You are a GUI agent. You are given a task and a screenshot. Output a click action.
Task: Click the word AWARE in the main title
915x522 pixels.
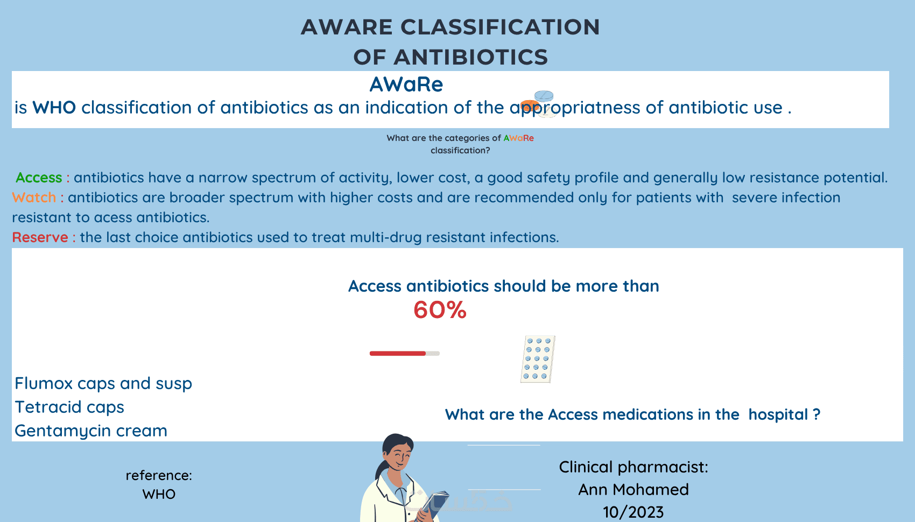tap(347, 27)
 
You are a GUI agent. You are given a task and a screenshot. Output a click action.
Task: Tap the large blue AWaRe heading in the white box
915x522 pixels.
tap(406, 84)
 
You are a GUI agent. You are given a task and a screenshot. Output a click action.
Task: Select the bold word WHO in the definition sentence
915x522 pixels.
tap(54, 108)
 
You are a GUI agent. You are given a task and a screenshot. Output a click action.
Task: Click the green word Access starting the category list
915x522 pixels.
tap(39, 178)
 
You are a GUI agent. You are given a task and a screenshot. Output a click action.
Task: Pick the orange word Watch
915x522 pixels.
tap(34, 197)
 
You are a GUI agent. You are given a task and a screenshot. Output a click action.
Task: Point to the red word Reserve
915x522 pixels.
tap(40, 237)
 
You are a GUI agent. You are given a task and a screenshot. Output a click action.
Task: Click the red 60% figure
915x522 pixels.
tap(440, 309)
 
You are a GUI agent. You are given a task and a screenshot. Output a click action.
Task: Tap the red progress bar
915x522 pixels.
tap(397, 354)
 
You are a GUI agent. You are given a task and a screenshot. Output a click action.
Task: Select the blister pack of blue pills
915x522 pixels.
tap(538, 359)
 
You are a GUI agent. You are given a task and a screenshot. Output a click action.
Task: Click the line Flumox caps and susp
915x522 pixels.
tap(103, 384)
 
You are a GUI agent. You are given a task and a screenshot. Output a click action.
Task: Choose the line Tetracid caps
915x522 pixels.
tap(69, 407)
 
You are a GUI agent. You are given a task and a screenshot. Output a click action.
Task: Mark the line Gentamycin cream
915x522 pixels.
tap(91, 431)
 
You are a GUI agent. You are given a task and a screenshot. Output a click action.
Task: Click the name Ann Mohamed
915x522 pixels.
tap(634, 489)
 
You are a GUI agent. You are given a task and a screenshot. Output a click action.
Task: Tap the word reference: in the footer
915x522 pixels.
tap(159, 475)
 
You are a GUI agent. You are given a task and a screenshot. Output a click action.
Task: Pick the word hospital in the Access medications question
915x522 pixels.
tap(778, 414)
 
